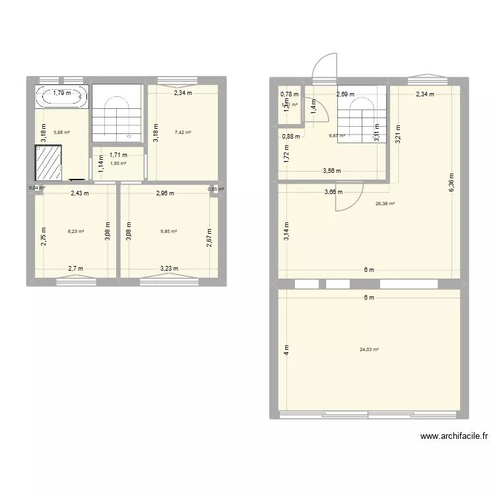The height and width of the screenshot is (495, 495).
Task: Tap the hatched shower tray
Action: (x=48, y=162)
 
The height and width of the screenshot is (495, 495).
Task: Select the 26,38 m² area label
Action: (x=385, y=204)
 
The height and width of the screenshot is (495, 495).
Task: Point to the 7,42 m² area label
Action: (x=183, y=132)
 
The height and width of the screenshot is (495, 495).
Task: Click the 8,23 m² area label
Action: (x=76, y=231)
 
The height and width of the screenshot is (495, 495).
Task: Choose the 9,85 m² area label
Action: (x=168, y=231)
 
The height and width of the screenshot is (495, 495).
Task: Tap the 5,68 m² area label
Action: (x=61, y=132)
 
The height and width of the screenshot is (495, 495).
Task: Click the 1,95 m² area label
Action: (x=119, y=164)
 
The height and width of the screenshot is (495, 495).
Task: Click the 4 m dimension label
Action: (x=287, y=350)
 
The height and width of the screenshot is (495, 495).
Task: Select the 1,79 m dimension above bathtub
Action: (x=63, y=93)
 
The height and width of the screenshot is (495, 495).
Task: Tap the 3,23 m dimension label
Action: (x=170, y=269)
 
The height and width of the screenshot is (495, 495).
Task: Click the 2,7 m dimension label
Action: (x=76, y=269)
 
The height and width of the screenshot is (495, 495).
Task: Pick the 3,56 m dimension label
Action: (x=332, y=171)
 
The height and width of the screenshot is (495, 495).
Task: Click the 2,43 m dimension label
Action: (x=81, y=193)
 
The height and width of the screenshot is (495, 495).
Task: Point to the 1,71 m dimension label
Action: (x=119, y=155)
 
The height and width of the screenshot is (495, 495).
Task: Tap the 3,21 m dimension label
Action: (x=398, y=135)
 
